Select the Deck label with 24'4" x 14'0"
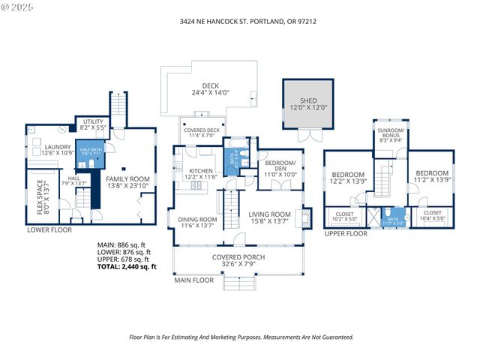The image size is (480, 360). pyautogui.click(x=209, y=89)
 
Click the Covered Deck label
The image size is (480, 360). pyautogui.click(x=202, y=133)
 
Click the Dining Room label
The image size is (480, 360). pyautogui.click(x=197, y=223)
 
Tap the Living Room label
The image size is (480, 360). pyautogui.click(x=269, y=217)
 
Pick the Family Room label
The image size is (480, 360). pyautogui.click(x=127, y=182)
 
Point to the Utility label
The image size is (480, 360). pyautogui.click(x=93, y=124)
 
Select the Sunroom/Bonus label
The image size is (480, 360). pyautogui.click(x=391, y=136)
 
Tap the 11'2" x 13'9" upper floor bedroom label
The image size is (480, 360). pyautogui.click(x=431, y=177)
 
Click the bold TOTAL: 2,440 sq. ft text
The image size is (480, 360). pyautogui.click(x=127, y=267)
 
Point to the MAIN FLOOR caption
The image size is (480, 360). pyautogui.click(x=190, y=281)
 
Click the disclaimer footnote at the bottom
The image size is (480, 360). pyautogui.click(x=240, y=337)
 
